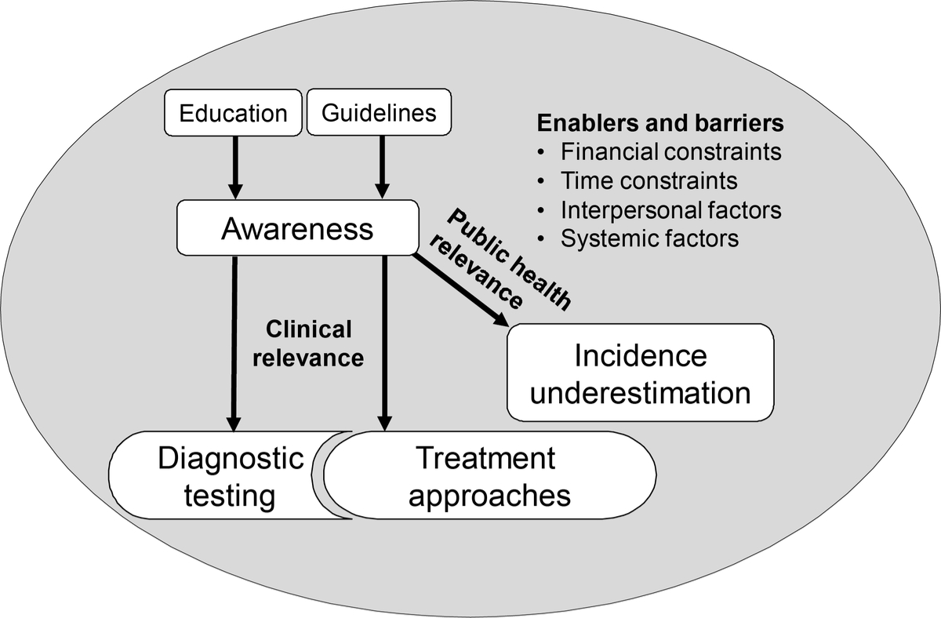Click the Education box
click(x=233, y=113)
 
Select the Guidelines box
click(x=380, y=113)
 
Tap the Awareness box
click(x=297, y=229)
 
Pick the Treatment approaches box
click(x=490, y=475)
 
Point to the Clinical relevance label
click(x=314, y=344)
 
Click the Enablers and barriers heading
click(x=660, y=125)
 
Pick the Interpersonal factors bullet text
click(x=670, y=209)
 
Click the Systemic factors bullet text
click(x=649, y=238)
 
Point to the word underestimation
click(x=640, y=392)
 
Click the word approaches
click(x=490, y=496)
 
